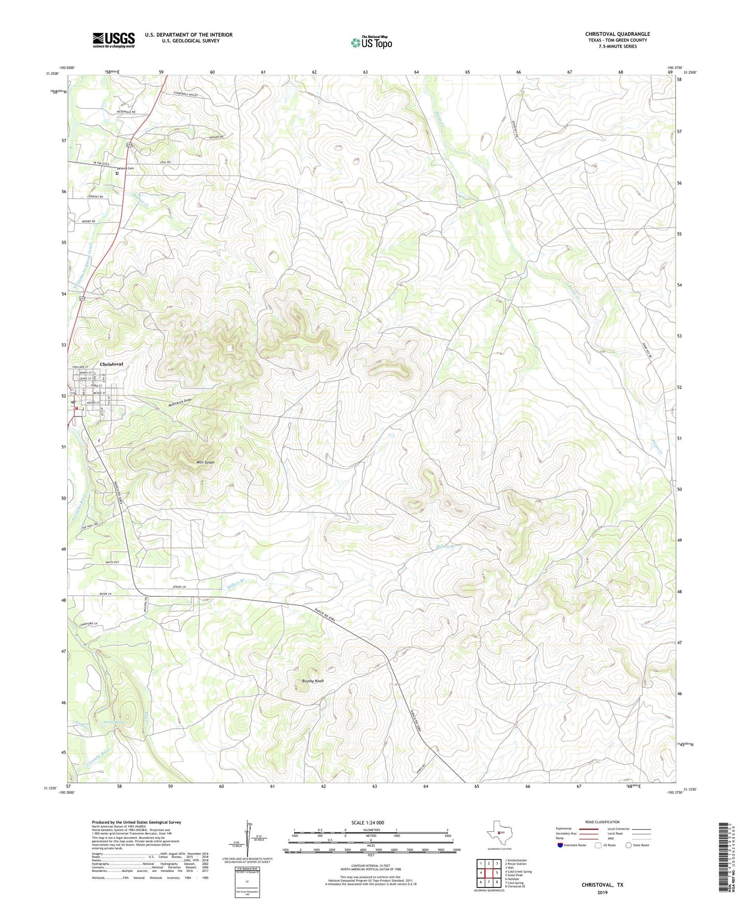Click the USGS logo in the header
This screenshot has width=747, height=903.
click(113, 40)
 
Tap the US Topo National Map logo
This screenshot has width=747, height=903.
click(371, 42)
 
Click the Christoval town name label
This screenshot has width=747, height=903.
click(111, 364)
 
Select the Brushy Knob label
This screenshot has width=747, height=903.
click(313, 681)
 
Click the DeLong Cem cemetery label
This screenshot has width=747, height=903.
click(126, 169)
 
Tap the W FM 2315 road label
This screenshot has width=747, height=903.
click(101, 164)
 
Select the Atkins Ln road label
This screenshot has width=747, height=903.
click(177, 587)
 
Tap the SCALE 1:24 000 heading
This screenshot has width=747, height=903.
click(367, 823)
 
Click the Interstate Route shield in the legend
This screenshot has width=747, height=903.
click(560, 845)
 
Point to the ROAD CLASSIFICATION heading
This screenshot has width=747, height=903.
click(602, 822)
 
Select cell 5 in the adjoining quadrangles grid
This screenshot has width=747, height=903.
click(496, 872)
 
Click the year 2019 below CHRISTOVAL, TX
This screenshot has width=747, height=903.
click(602, 892)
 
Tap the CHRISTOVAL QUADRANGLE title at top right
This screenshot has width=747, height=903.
click(617, 34)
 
